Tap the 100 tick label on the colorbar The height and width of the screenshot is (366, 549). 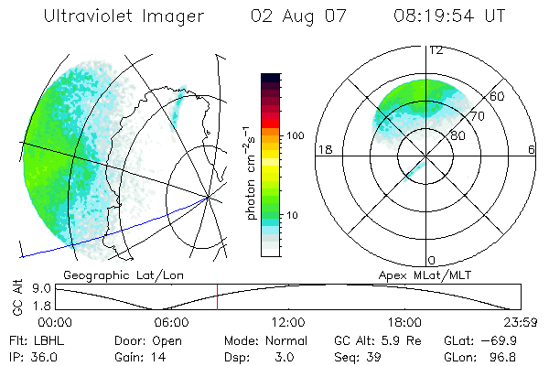tap(294, 135)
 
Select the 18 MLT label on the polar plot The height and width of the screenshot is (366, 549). tap(323, 149)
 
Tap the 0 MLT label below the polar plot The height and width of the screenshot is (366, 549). tap(432, 261)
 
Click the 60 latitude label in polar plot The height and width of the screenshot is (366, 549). tap(498, 97)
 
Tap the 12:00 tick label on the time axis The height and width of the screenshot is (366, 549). tap(288, 321)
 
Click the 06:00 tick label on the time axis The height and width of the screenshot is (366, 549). tap(171, 321)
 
